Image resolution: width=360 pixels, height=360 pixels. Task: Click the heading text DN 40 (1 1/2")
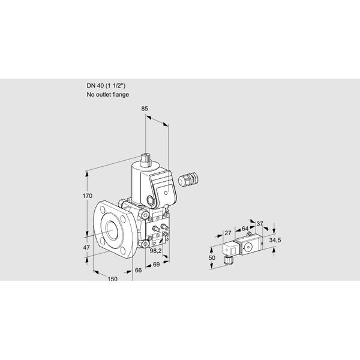106,86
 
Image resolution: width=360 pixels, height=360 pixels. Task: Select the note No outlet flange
107,95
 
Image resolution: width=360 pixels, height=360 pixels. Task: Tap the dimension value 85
145,109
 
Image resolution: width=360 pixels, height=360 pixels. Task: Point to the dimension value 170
88,196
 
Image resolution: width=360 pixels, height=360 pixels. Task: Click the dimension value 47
86,248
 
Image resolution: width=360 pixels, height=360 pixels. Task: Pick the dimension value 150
112,279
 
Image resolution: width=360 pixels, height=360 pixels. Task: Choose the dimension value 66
138,271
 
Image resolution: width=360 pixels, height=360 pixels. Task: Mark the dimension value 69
156,265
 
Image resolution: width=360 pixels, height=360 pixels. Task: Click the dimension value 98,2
155,251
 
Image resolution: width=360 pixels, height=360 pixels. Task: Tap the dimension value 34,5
275,241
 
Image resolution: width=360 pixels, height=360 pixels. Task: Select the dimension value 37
260,224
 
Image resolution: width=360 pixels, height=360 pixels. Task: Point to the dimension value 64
245,229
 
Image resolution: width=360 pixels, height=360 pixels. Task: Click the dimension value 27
228,233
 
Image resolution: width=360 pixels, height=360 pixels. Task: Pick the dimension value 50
212,258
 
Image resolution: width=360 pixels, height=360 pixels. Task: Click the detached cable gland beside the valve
188,179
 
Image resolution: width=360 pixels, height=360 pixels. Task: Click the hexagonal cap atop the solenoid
145,159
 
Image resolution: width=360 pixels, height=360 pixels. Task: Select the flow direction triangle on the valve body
155,244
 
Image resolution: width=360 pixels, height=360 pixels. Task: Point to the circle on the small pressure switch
248,247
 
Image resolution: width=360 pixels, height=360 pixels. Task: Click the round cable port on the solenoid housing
151,201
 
